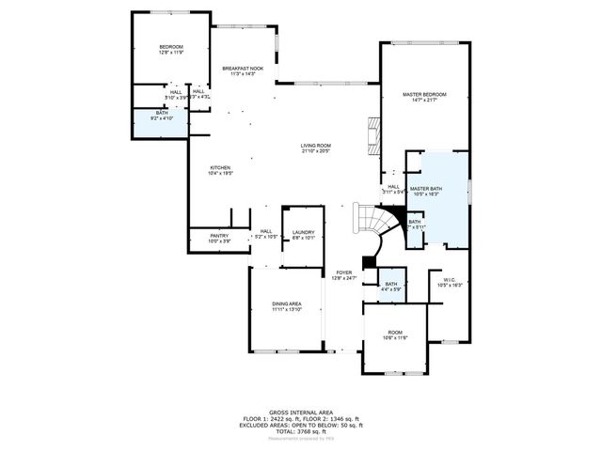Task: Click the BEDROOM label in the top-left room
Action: [170, 47]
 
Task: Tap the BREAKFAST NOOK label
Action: [243, 69]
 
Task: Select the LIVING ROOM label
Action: [316, 146]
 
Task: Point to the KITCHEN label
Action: [220, 168]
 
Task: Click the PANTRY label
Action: [218, 237]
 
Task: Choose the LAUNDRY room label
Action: [303, 232]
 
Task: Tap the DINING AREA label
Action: [287, 303]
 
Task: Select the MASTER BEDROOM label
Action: [424, 95]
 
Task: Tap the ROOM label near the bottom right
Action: [395, 332]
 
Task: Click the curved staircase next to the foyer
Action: [371, 225]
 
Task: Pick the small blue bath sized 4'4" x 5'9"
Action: [391, 287]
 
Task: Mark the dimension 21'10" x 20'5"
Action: [316, 151]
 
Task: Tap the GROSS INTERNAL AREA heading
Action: [301, 412]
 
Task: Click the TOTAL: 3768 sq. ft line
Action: [301, 431]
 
